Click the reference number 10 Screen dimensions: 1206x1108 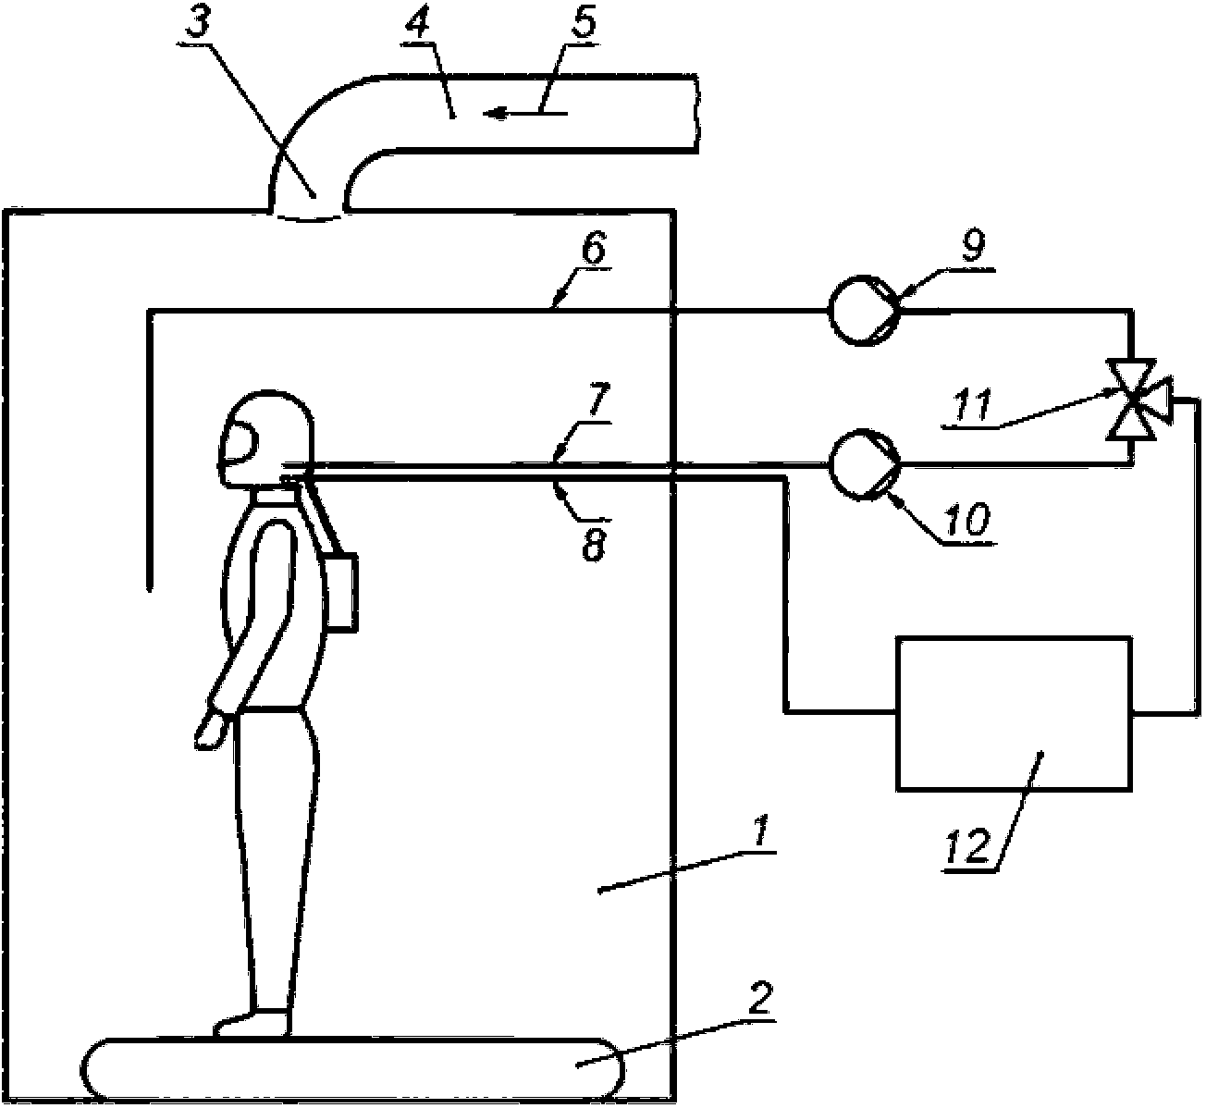click(x=965, y=518)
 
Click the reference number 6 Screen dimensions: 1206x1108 click(x=594, y=250)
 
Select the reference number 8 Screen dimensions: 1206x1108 click(x=594, y=545)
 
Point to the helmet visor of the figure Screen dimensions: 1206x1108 click(x=240, y=442)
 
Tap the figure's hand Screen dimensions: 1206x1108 click(x=211, y=731)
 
